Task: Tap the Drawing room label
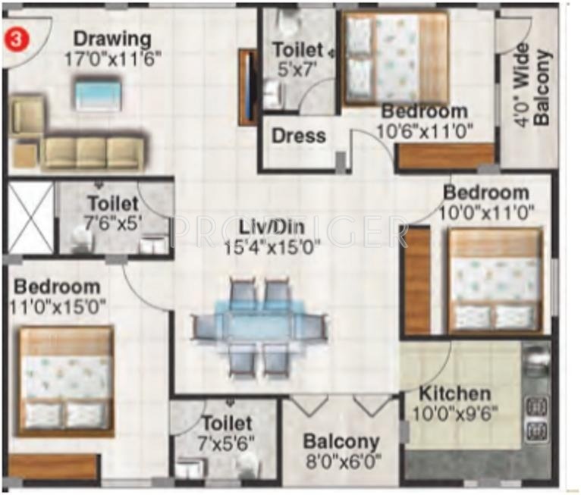(112, 38)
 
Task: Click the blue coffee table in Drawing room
(98, 96)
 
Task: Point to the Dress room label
(298, 136)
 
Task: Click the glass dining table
(260, 325)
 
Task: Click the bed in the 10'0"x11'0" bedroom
(495, 281)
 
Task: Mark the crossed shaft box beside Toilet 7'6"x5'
(30, 217)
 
